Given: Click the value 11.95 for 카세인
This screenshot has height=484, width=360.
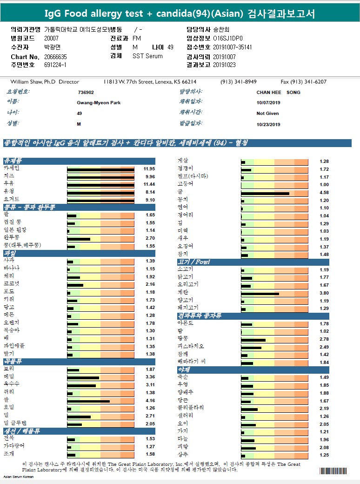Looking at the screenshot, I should point(149,168).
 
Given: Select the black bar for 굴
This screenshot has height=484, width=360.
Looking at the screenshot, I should point(265,192).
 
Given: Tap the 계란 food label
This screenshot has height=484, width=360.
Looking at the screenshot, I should point(182,293).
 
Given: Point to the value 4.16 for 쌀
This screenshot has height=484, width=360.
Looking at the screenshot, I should point(150,400).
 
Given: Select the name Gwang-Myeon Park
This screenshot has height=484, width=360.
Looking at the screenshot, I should point(99,102).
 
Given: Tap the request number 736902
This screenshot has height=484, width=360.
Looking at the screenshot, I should point(86,92).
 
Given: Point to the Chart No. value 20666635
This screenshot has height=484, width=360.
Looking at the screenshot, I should point(56,56).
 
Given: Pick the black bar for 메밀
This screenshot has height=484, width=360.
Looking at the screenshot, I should point(83,377).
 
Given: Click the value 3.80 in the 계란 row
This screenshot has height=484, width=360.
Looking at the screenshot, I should point(324,293).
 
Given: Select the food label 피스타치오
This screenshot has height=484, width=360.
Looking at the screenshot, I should point(191,347).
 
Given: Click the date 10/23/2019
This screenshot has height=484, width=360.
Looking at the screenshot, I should point(268,124).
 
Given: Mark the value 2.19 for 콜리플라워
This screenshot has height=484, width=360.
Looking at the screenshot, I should point(324,408).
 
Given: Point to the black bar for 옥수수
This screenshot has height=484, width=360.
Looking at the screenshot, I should point(81,385).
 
